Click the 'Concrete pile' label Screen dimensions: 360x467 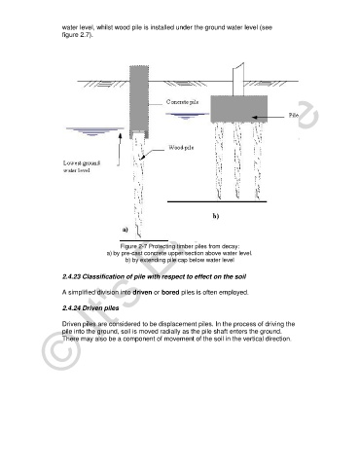(x=182, y=102)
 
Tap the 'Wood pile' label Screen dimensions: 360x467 (x=181, y=148)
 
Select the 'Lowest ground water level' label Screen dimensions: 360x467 (x=82, y=166)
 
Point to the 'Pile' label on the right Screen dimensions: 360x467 (x=294, y=115)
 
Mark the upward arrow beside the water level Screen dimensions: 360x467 (x=120, y=150)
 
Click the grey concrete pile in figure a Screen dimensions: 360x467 (x=139, y=102)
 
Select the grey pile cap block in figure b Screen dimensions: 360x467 (x=239, y=109)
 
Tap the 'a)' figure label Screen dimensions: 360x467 (x=126, y=230)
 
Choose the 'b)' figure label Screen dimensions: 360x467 (x=216, y=216)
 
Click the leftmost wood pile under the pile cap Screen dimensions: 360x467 (x=220, y=162)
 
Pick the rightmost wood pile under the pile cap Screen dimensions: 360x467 (x=258, y=162)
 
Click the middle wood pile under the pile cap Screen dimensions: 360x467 (x=237, y=162)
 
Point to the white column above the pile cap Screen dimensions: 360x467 (x=238, y=80)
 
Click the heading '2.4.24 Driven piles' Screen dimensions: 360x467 (x=90, y=308)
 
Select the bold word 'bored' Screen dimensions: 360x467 (x=170, y=292)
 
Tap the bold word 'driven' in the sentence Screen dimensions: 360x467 (x=142, y=292)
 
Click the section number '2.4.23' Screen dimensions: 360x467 (x=71, y=276)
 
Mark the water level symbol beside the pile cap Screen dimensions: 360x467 (x=187, y=116)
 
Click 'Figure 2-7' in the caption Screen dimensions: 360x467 (x=133, y=246)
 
